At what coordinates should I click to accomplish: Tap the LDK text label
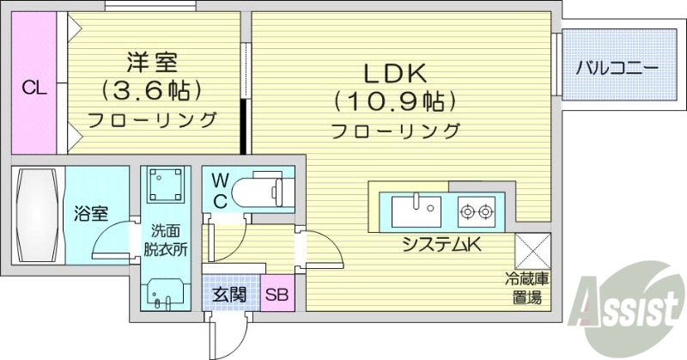(x=396, y=73)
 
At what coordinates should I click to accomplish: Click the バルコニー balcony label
(x=617, y=66)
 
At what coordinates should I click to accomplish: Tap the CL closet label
(x=33, y=87)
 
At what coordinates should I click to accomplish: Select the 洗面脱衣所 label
(x=165, y=241)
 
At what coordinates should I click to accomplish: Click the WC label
(x=220, y=190)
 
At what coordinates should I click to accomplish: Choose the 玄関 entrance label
(x=228, y=295)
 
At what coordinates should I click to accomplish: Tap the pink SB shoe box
(x=276, y=295)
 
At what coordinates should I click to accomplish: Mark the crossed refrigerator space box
(x=531, y=252)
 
